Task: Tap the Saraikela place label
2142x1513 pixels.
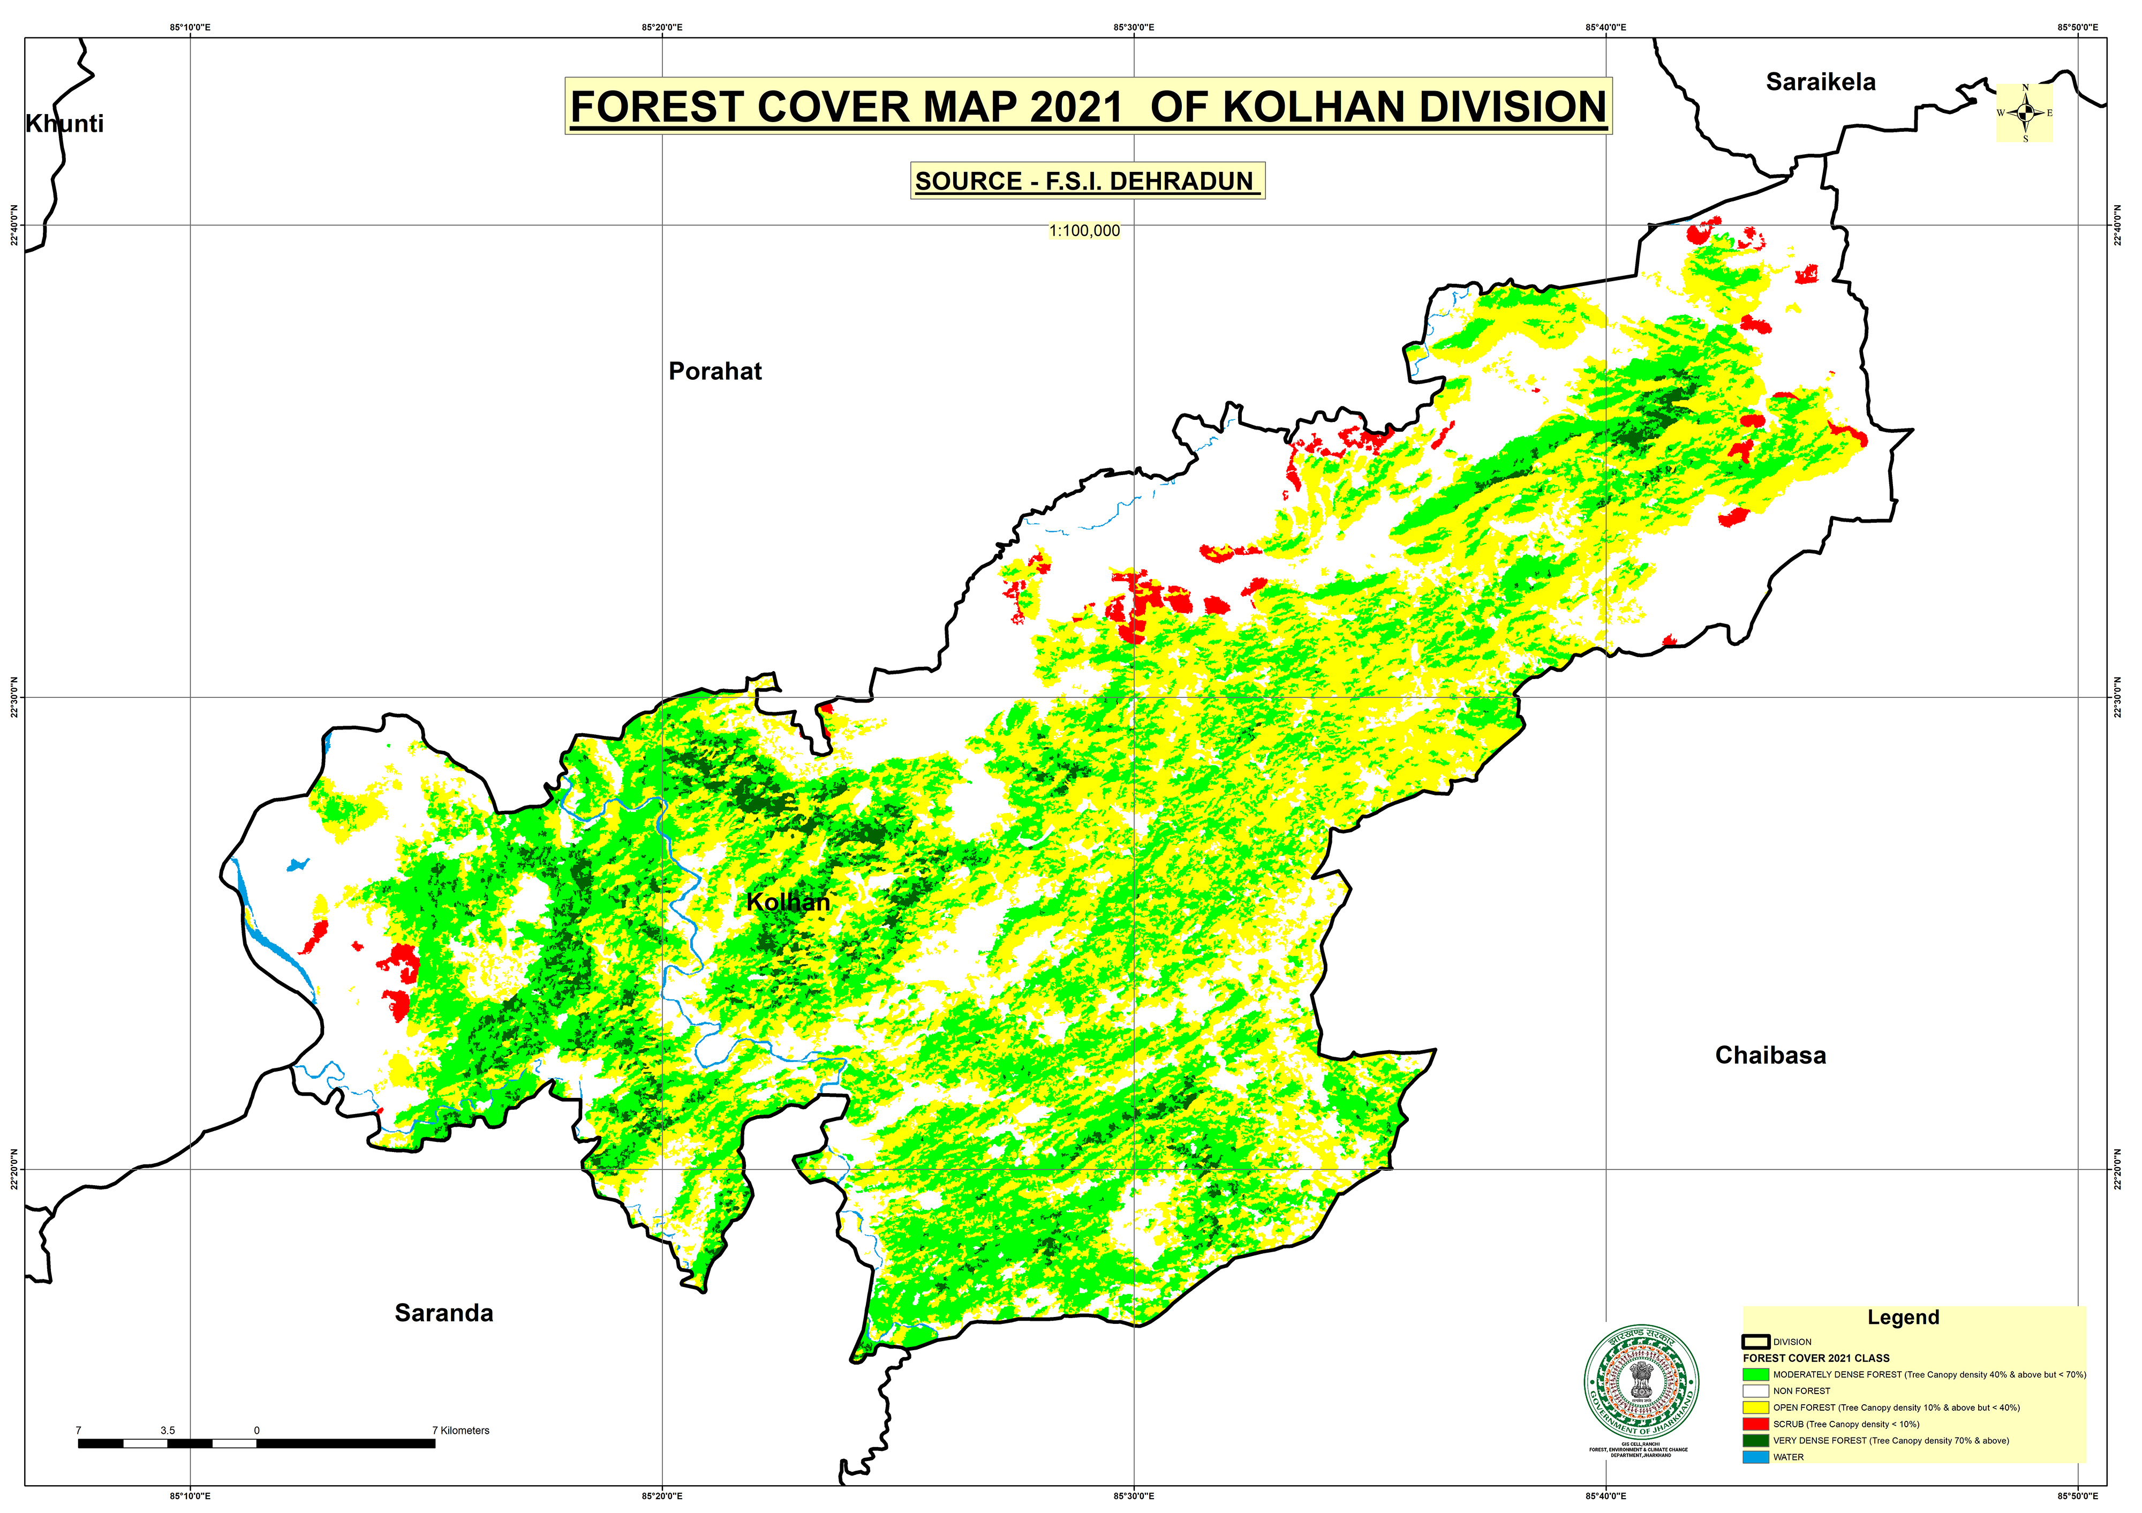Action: click(x=1819, y=82)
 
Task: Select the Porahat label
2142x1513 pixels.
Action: click(x=714, y=371)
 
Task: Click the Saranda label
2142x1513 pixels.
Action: click(x=443, y=1313)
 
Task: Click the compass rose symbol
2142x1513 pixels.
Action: click(x=2024, y=113)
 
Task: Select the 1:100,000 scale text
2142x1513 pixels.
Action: click(x=1084, y=230)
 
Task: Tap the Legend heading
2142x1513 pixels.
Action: click(x=1902, y=1317)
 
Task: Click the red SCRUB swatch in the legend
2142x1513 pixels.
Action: click(x=1755, y=1424)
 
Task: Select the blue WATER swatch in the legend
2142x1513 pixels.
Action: click(x=1755, y=1456)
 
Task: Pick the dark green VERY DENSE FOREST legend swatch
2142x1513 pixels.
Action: click(x=1755, y=1440)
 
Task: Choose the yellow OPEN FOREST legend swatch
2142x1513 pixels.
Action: click(x=1755, y=1406)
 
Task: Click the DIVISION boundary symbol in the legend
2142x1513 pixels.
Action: click(x=1755, y=1342)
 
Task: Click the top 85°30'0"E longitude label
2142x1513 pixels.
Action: click(x=1134, y=27)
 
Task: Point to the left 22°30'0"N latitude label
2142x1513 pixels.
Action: click(x=14, y=697)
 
